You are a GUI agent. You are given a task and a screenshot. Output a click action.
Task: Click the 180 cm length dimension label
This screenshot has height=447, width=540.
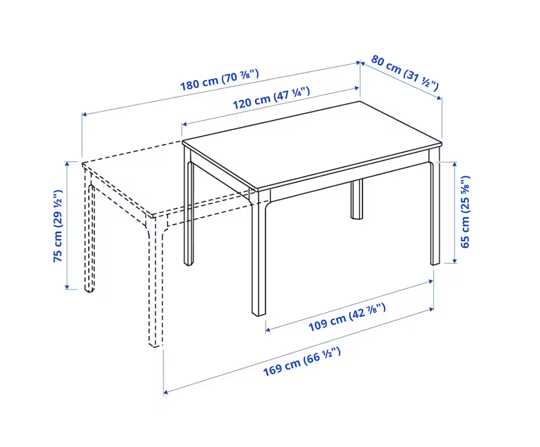(219, 80)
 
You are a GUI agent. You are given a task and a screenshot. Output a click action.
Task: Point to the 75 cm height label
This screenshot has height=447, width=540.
(58, 226)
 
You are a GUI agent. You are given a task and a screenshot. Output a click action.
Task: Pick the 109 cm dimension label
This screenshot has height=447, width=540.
(347, 317)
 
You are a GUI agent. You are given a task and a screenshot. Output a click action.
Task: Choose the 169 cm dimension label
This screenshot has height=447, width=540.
(302, 361)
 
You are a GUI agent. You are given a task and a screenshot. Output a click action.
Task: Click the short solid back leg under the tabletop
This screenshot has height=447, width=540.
(357, 200)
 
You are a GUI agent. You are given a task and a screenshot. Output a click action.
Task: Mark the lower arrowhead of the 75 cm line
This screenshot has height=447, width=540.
(67, 288)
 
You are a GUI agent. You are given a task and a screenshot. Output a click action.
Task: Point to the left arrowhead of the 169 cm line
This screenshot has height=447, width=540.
(166, 392)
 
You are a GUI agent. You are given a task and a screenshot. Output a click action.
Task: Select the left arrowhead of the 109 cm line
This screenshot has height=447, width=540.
(268, 330)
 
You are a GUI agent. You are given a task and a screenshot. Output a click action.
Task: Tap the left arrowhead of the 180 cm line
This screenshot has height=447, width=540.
(84, 114)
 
